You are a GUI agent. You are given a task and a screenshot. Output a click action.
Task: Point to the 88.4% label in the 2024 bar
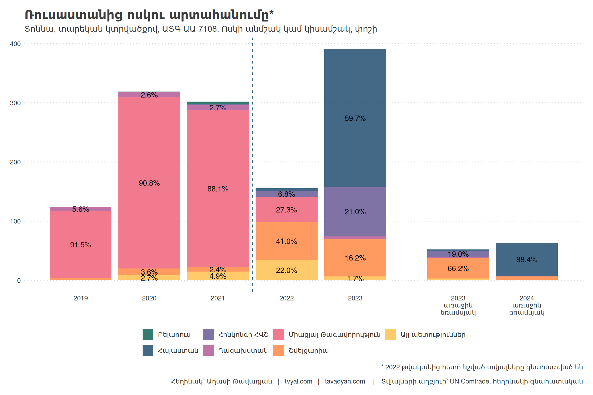coord(527,260)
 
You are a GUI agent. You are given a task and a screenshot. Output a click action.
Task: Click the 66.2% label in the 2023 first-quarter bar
coord(458,269)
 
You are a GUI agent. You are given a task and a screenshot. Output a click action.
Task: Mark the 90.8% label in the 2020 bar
coord(149,183)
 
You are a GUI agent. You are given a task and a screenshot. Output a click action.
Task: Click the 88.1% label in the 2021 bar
coord(218,189)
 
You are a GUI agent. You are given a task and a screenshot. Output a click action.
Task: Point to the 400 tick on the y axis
coord(15,44)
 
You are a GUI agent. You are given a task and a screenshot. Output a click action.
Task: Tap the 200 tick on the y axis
coord(15,162)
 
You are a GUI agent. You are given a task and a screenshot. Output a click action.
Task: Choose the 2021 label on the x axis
coord(218,298)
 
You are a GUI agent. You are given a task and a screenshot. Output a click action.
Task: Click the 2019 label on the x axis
coord(81,298)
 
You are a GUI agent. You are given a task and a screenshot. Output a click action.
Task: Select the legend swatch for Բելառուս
coord(148,334)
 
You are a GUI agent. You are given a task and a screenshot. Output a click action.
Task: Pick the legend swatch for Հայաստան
coord(148,351)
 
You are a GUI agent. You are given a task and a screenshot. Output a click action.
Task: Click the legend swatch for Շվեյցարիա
coord(279,351)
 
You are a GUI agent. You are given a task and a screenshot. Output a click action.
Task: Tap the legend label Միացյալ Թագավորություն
coord(334,335)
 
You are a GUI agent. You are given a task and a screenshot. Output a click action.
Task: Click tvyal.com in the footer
coord(298,381)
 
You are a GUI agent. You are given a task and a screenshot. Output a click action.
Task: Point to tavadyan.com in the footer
coord(345,381)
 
